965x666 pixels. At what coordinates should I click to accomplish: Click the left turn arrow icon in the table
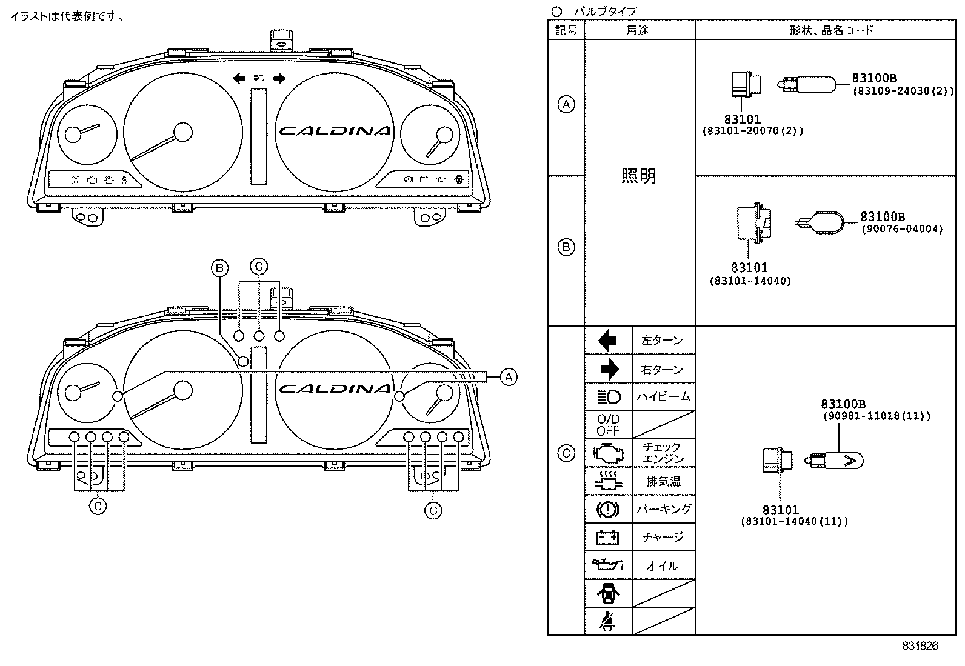pyautogui.click(x=607, y=341)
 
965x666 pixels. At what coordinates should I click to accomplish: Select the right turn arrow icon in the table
pyautogui.click(x=609, y=369)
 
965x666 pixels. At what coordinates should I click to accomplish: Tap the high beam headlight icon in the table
pyautogui.click(x=609, y=397)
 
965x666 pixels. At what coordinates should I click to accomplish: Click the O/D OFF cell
pyautogui.click(x=608, y=425)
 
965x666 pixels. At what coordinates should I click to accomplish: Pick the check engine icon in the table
pyautogui.click(x=608, y=453)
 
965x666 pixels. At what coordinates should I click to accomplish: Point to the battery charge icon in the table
pyautogui.click(x=608, y=537)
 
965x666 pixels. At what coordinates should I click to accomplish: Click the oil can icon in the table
pyautogui.click(x=608, y=565)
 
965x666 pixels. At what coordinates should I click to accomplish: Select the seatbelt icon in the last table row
pyautogui.click(x=608, y=621)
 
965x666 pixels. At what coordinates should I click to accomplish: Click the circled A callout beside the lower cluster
pyautogui.click(x=509, y=377)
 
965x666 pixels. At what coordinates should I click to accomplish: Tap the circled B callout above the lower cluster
pyautogui.click(x=219, y=268)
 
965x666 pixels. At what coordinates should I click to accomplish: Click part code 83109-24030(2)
pyautogui.click(x=903, y=92)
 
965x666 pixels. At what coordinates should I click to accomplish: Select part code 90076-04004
pyautogui.click(x=902, y=229)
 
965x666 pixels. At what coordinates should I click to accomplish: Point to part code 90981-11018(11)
pyautogui.click(x=877, y=416)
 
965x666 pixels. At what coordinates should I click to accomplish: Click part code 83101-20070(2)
pyautogui.click(x=752, y=131)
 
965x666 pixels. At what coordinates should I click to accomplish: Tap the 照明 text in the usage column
pyautogui.click(x=639, y=176)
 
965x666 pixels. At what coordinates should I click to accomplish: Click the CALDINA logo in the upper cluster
pyautogui.click(x=335, y=131)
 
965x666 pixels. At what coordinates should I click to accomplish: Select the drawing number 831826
pyautogui.click(x=920, y=646)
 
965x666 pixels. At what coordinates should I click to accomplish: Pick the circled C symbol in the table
pyautogui.click(x=566, y=453)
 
